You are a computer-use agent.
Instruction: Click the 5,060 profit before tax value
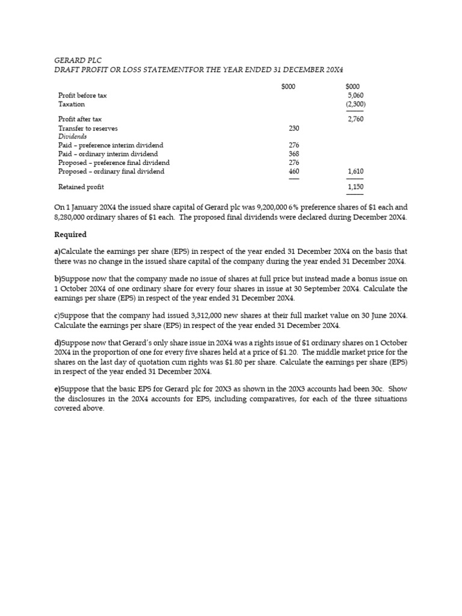(x=355, y=95)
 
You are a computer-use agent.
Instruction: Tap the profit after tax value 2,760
(x=355, y=119)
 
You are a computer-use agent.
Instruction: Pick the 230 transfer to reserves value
(x=294, y=128)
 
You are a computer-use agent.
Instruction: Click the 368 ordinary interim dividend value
(x=294, y=154)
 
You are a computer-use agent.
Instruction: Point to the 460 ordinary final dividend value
(x=294, y=171)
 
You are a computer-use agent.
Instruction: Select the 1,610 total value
(x=355, y=171)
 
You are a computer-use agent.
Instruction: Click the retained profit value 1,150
(x=355, y=187)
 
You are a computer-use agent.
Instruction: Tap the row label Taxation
(x=72, y=104)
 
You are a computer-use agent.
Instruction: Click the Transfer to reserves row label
(x=88, y=128)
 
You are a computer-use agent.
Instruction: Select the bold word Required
(x=70, y=235)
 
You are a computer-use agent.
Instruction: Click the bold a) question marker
(x=57, y=251)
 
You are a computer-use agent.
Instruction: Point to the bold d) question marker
(x=57, y=343)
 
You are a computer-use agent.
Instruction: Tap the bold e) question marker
(x=57, y=389)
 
